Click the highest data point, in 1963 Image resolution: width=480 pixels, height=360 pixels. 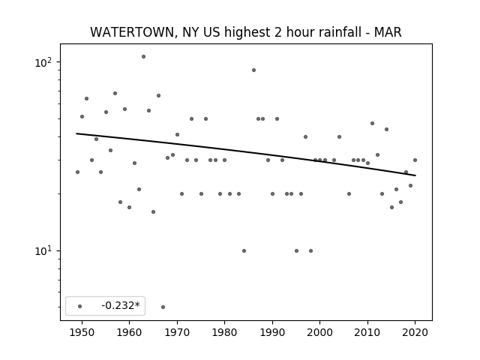[x=143, y=57]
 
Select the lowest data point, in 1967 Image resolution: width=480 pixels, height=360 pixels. [x=163, y=307]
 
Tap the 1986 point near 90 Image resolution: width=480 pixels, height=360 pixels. [x=253, y=70]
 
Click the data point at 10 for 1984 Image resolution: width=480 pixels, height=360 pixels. [x=244, y=250]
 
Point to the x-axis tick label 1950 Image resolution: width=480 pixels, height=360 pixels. [x=82, y=332]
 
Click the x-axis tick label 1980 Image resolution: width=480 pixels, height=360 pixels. [x=224, y=332]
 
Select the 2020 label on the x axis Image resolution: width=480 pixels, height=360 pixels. [x=415, y=332]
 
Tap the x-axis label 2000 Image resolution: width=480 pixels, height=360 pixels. [x=319, y=332]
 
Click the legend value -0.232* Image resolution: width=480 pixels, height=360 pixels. [x=121, y=305]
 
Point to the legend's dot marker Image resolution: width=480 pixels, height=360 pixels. [x=80, y=306]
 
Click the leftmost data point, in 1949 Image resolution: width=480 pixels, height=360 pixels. [x=77, y=172]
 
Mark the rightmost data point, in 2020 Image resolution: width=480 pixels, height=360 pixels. [x=415, y=160]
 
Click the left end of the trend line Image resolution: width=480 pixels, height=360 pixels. [x=76, y=133]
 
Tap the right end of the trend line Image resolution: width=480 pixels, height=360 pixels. [x=415, y=175]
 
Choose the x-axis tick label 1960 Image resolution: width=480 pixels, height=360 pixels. [x=129, y=332]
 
